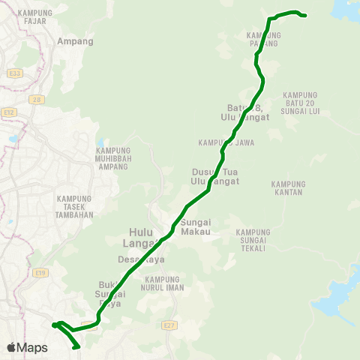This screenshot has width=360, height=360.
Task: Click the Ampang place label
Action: click(76, 42)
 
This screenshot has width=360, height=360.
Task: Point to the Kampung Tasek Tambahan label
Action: click(73, 205)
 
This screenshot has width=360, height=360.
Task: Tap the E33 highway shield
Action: click(15, 73)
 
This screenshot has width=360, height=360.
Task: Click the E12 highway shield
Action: click(9, 112)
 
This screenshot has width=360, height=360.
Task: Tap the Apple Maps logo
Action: click(27, 347)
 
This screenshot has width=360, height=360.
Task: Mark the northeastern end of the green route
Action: click(305, 15)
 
